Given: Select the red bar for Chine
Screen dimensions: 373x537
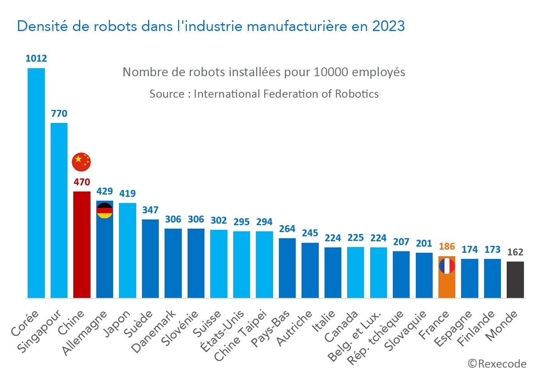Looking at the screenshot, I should (82, 245).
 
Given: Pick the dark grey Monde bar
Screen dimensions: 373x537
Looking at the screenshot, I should (515, 280).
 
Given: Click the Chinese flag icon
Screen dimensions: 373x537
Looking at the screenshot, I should (81, 162).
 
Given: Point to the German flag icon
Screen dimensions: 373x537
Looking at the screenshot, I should (104, 211).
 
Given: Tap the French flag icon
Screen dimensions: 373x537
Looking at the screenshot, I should (447, 266).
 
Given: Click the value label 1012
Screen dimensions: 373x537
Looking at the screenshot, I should (36, 59).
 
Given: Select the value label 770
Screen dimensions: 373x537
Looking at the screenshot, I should (59, 114).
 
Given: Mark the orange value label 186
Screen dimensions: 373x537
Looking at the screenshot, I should (447, 247).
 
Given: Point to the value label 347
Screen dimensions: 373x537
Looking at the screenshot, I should (150, 210).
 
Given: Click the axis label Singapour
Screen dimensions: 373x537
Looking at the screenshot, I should (40, 331).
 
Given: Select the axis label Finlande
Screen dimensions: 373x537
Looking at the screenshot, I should (476, 329).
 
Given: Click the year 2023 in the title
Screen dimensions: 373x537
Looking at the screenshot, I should (388, 26).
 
